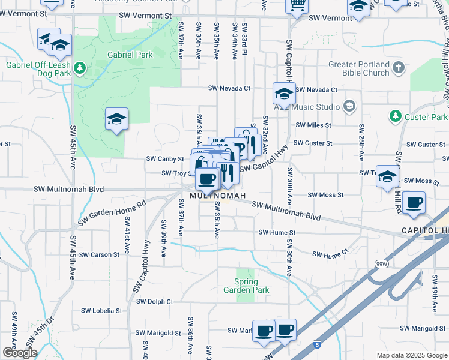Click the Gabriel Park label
click(x=130, y=55)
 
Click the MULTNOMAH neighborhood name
click(x=218, y=196)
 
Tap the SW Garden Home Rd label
click(x=112, y=212)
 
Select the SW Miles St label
click(x=313, y=125)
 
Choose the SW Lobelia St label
click(x=101, y=311)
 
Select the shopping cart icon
click(x=297, y=5)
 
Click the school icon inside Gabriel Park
click(x=116, y=119)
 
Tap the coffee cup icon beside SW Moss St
click(x=414, y=203)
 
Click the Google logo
click(x=20, y=353)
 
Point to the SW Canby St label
click(x=165, y=159)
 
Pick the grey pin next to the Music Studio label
click(x=349, y=107)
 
